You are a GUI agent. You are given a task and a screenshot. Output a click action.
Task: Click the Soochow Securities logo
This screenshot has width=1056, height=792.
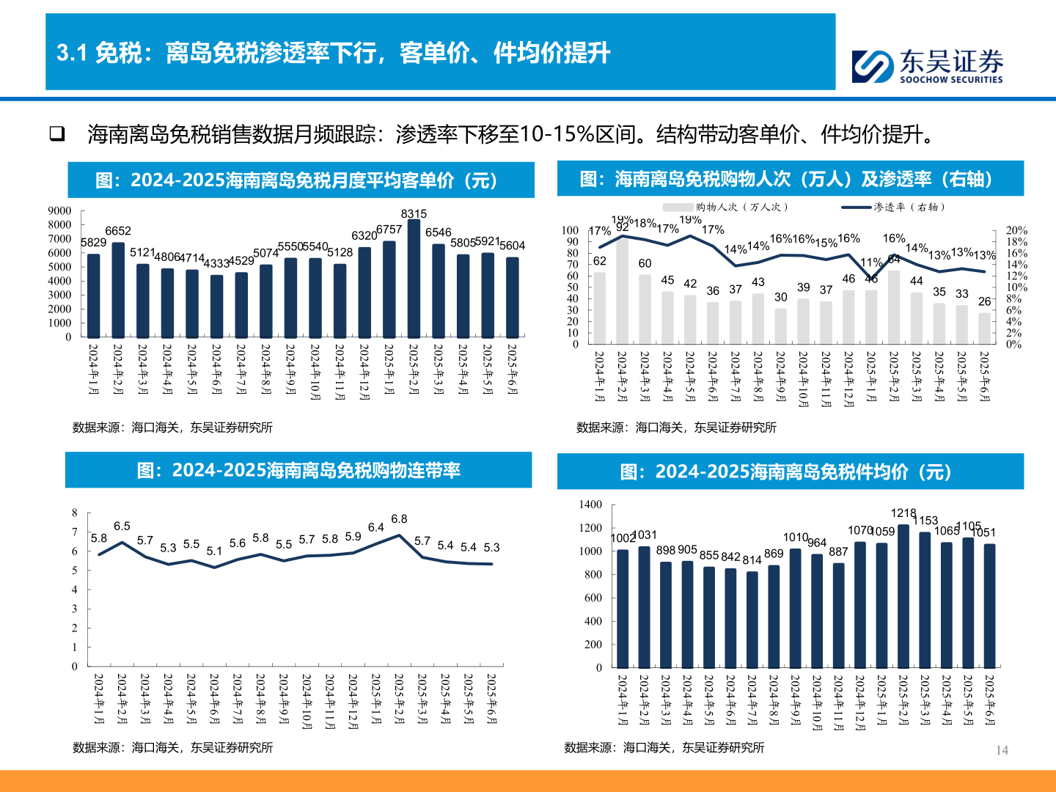(x=927, y=66)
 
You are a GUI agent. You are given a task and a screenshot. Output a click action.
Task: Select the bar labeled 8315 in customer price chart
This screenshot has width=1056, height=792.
(x=414, y=279)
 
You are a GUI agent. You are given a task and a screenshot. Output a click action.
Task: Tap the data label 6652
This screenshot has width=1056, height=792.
(x=118, y=231)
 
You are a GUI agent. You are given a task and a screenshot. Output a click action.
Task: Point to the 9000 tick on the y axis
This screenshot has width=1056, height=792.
(x=60, y=211)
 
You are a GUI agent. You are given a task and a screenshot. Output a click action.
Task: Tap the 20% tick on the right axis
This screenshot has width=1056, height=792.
(x=1016, y=230)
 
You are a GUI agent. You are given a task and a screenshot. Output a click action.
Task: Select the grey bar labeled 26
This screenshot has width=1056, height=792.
(x=984, y=329)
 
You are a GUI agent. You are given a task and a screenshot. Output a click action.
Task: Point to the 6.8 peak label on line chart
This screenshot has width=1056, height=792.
(x=399, y=519)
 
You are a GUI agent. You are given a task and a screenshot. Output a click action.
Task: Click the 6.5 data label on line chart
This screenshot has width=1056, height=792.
(x=122, y=527)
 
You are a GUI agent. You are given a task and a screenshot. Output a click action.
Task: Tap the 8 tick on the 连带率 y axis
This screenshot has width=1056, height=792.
(x=75, y=513)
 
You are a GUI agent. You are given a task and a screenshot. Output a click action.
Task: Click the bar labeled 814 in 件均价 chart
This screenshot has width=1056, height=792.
(x=752, y=620)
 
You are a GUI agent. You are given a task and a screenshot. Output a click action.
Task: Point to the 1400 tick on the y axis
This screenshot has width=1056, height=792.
(x=590, y=505)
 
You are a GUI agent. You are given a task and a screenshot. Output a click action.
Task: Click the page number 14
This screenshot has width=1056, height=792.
(x=1002, y=750)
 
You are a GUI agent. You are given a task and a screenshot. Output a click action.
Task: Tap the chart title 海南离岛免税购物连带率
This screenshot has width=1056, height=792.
(x=298, y=471)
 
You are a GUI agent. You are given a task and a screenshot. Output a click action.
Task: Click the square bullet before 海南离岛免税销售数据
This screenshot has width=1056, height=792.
(x=56, y=133)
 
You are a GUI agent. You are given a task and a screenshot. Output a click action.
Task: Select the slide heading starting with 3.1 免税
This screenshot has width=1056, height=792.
(x=334, y=53)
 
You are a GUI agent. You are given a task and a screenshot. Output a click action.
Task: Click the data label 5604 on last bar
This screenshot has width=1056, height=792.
(x=512, y=246)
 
